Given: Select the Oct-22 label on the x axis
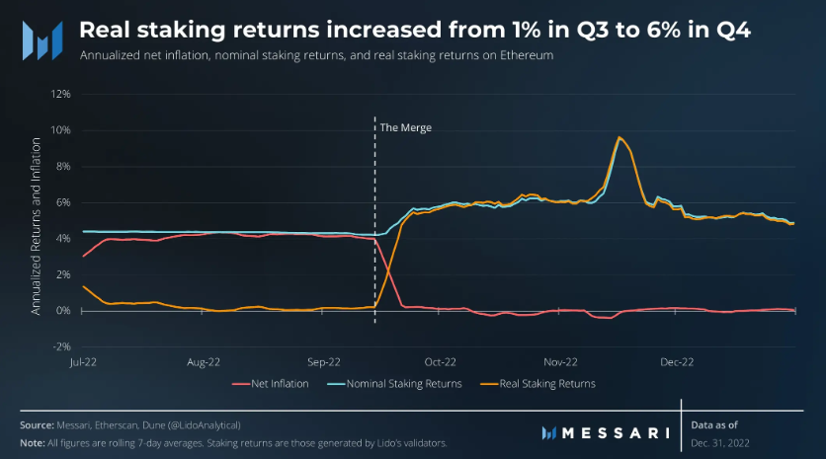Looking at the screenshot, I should (441, 362).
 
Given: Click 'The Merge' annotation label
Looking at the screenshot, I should (406, 127).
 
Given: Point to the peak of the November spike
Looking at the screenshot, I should (619, 137).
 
